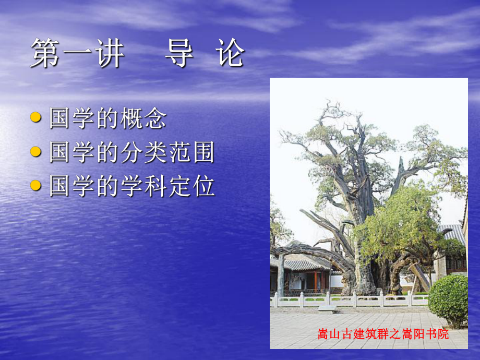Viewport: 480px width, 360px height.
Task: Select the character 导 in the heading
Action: [x=179, y=53]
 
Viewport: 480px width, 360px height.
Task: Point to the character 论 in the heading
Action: [x=230, y=53]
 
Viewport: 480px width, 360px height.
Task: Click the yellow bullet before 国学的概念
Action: [x=35, y=118]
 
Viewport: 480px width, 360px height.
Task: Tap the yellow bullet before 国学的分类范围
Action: [x=35, y=152]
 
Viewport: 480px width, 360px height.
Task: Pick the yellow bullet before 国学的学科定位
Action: [x=35, y=186]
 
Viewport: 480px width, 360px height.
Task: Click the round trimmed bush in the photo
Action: [x=449, y=299]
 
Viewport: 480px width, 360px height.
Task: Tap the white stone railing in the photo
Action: [x=350, y=299]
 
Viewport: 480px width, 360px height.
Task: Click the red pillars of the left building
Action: [x=316, y=281]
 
